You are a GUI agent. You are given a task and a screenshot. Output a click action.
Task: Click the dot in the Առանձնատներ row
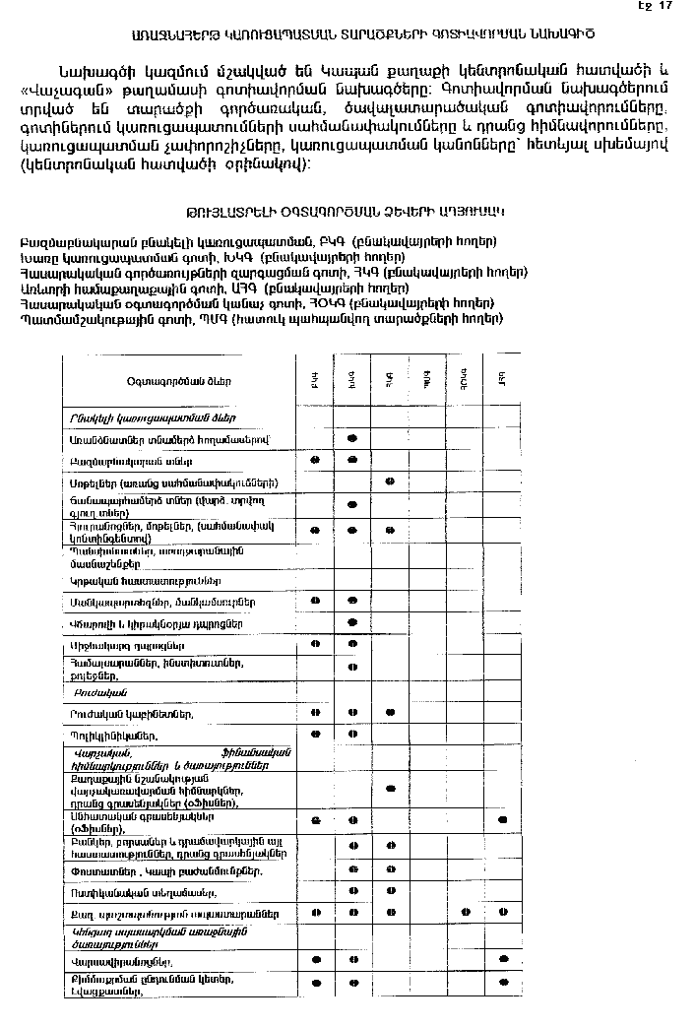pos(352,437)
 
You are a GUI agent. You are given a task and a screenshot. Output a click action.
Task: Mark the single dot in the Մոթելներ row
pos(390,482)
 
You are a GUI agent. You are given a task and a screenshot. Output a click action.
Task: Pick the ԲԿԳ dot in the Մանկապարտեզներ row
pos(316,600)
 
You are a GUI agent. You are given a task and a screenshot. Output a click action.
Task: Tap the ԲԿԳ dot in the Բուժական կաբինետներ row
pos(316,712)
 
